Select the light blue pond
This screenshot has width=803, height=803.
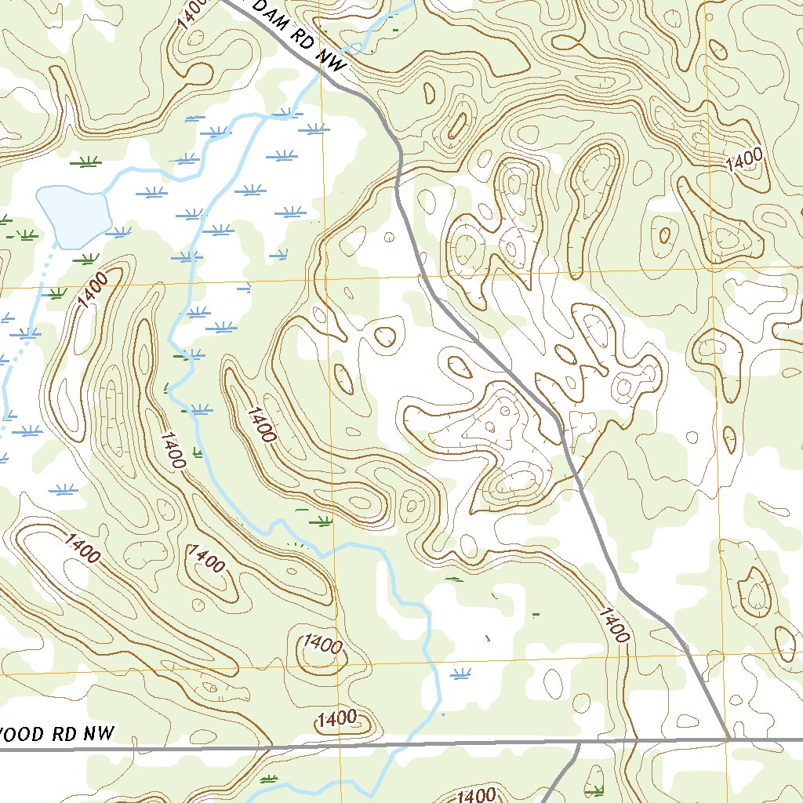(x=72, y=216)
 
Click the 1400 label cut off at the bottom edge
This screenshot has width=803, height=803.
(x=474, y=795)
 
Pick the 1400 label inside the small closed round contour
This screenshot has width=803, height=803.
(x=322, y=645)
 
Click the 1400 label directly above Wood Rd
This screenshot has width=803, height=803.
(x=337, y=718)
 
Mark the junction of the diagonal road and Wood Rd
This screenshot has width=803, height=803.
(x=728, y=739)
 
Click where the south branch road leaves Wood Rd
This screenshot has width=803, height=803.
(x=579, y=742)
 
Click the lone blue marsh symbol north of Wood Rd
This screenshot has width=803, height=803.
(x=462, y=672)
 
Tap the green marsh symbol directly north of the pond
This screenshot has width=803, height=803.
(x=85, y=162)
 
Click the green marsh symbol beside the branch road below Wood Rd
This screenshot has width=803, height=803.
(x=596, y=790)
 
